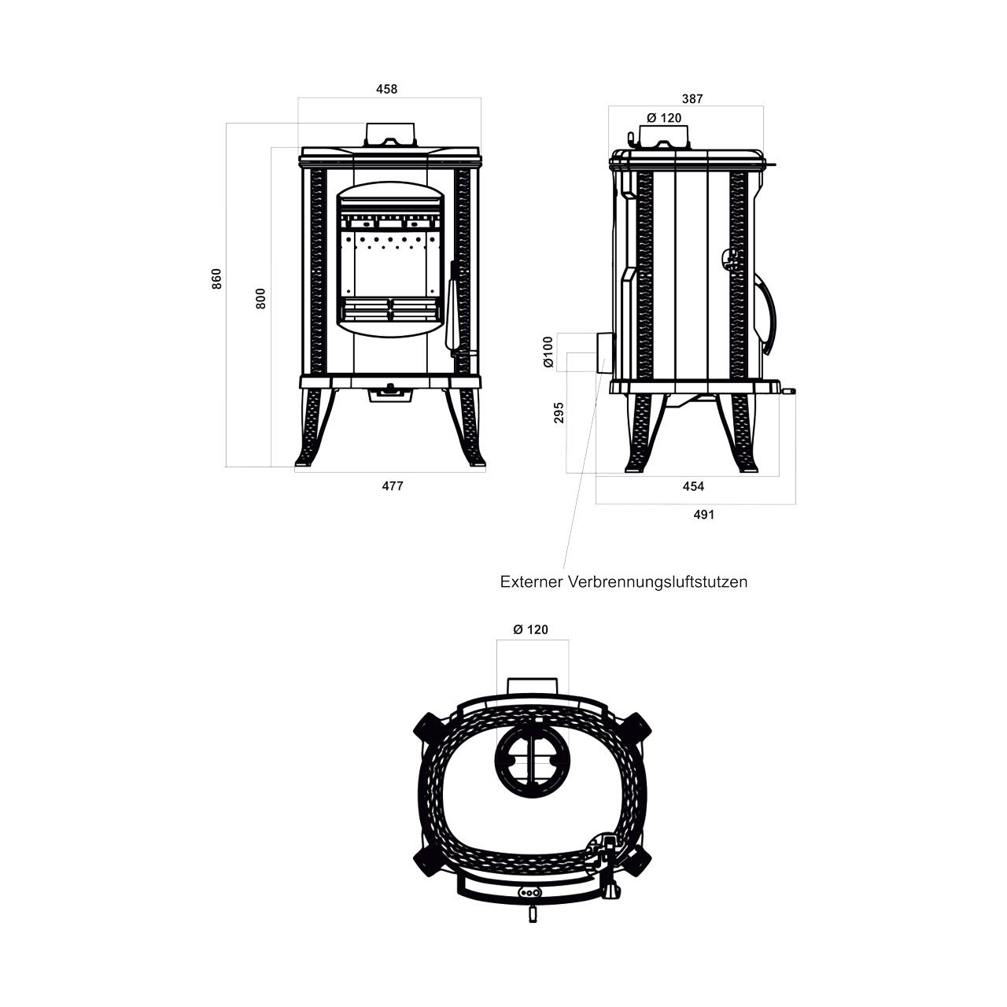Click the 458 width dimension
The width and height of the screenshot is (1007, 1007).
[x=387, y=90]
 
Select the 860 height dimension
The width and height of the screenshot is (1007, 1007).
[x=216, y=278]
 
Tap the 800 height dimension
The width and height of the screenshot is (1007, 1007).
[x=260, y=298]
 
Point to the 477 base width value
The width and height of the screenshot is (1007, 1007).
[x=393, y=486]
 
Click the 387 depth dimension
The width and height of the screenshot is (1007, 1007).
[x=692, y=99]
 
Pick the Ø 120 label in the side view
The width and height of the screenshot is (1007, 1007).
[x=664, y=118]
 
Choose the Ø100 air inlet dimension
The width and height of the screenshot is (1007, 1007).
[x=548, y=352]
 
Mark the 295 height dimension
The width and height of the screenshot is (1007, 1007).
[x=559, y=412]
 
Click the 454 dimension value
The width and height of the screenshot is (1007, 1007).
[x=693, y=486]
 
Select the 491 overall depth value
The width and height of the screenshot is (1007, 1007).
[x=704, y=515]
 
